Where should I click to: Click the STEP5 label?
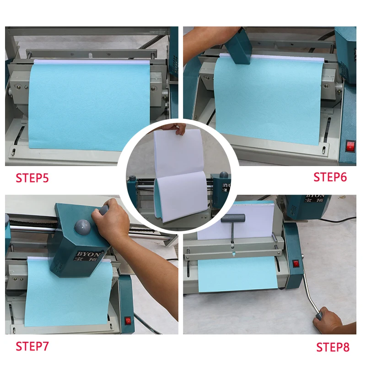tap(32, 178)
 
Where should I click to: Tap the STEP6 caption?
tap(330, 177)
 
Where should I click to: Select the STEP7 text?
tap(32, 346)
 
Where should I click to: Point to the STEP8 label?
tap(333, 347)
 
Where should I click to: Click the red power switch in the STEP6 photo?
tap(350, 146)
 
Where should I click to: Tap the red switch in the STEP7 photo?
tap(128, 321)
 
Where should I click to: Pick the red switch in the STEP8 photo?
tap(296, 264)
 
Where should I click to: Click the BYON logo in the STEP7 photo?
tap(88, 254)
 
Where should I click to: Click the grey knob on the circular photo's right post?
tap(224, 175)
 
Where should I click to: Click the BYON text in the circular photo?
tap(226, 186)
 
